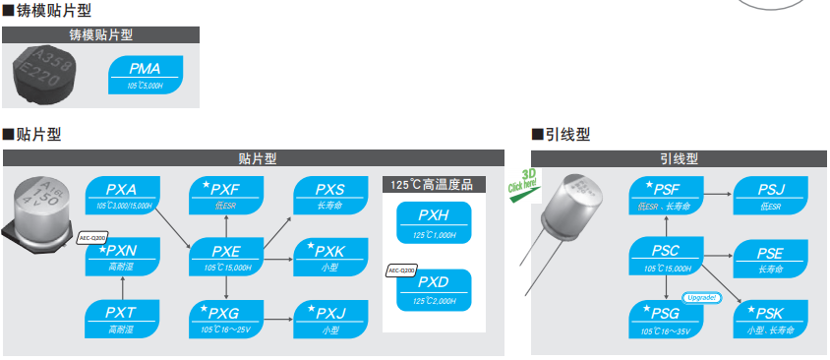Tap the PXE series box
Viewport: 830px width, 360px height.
pos(226,256)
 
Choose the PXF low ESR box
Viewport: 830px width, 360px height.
pos(226,195)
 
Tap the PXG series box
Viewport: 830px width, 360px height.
pos(226,319)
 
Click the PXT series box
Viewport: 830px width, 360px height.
pos(121,319)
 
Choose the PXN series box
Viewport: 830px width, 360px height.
pos(121,256)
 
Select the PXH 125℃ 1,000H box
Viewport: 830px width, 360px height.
pos(434,222)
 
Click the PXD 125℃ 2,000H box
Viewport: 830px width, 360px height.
pos(434,287)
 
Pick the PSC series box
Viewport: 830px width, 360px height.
pos(666,256)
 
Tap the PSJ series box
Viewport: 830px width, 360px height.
pos(770,195)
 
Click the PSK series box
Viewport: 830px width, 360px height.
pos(770,319)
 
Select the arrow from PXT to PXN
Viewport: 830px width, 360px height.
pos(121,287)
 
